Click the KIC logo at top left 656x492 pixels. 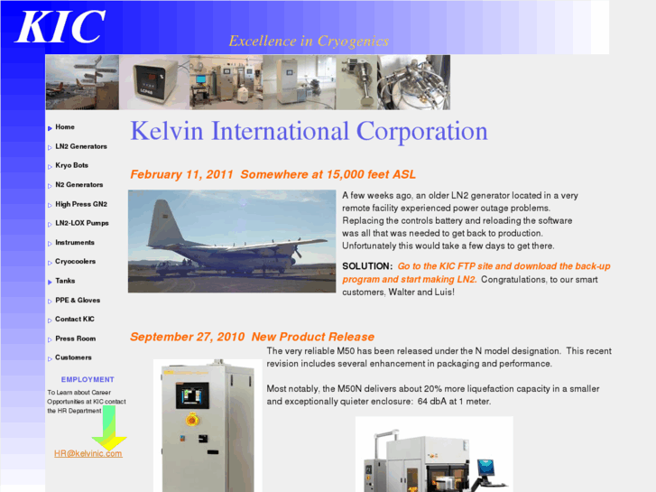[60, 27]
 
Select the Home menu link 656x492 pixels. [65, 127]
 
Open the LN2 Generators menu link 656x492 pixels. [80, 146]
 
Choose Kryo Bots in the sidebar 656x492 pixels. [71, 165]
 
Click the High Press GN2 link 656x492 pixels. [80, 204]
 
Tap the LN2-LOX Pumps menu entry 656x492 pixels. [81, 223]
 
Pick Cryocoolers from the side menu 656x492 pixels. [75, 262]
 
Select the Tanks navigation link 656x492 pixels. [65, 281]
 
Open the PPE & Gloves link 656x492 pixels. [78, 301]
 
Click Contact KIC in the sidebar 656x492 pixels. [75, 320]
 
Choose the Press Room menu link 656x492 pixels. [75, 339]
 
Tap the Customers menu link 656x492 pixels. [73, 357]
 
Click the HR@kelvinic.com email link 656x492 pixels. [88, 453]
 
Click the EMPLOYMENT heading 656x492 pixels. [88, 380]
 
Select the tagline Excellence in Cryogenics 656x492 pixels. [309, 41]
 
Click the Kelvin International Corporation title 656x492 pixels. [309, 132]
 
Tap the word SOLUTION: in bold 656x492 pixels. [367, 266]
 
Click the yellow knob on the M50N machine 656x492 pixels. [190, 421]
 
